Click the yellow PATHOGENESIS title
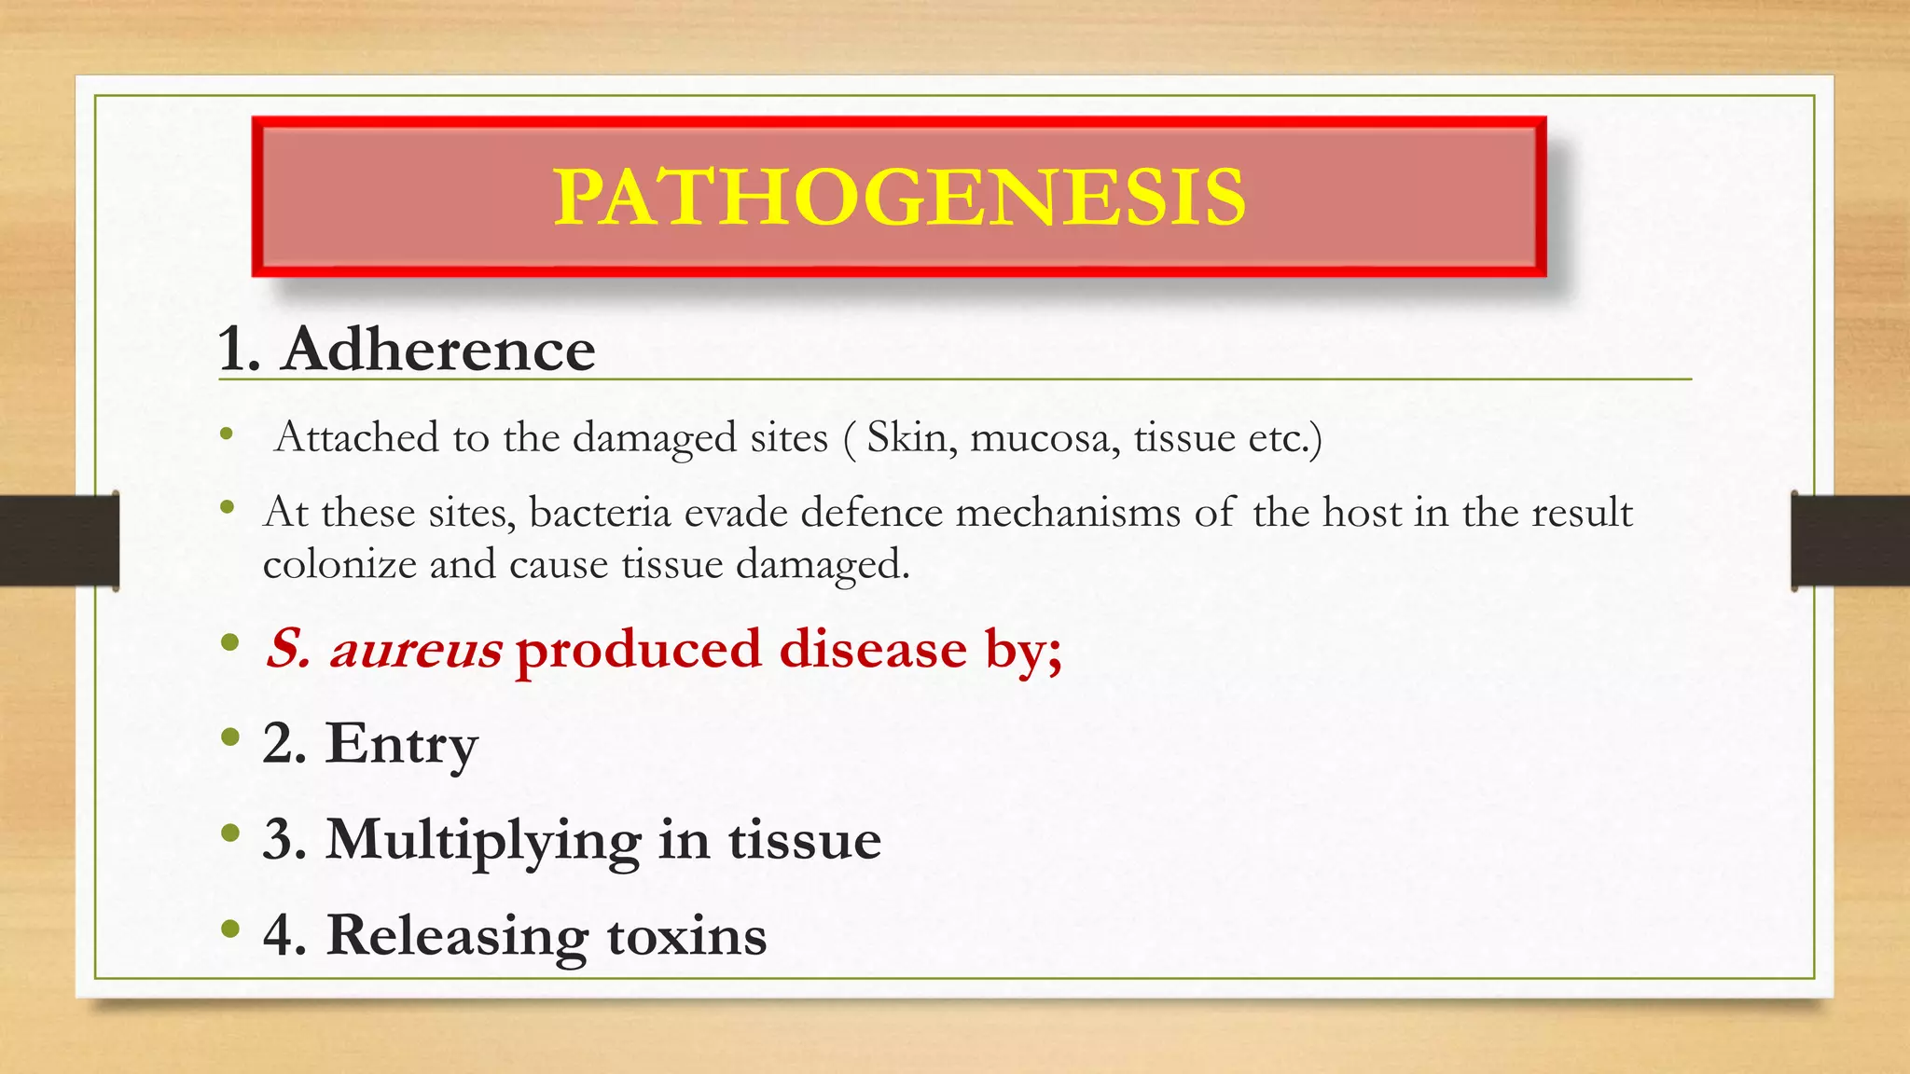pos(899,197)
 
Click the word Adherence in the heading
pos(438,350)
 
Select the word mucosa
pos(1045,437)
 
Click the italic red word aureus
pos(415,649)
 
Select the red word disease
pos(873,649)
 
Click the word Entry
pos(401,744)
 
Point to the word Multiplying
pos(483,839)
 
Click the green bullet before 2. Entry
pos(229,738)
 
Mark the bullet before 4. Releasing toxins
pos(229,929)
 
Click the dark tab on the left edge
pos(59,541)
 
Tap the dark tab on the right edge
pos(1850,541)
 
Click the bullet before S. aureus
pos(229,643)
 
